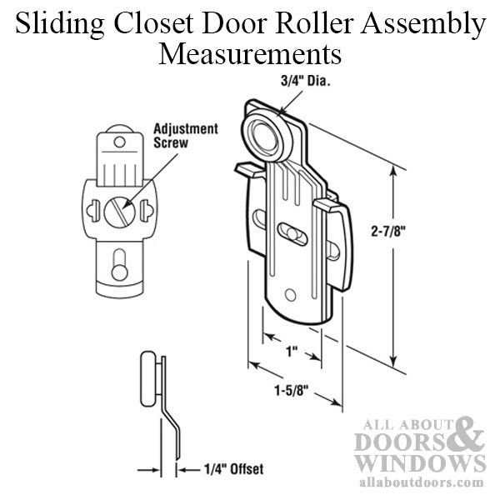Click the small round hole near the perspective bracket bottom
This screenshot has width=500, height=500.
pos(290,294)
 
